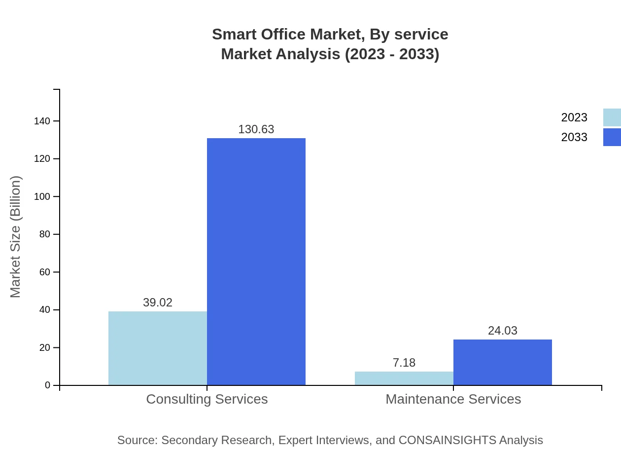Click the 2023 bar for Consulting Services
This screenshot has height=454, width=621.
click(x=158, y=348)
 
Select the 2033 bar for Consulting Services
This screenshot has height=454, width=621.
click(x=256, y=262)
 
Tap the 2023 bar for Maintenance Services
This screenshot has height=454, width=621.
click(x=404, y=378)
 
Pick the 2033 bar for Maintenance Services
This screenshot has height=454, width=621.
click(x=503, y=362)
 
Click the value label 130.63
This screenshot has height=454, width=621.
click(x=256, y=129)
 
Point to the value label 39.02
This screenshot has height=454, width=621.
click(x=158, y=303)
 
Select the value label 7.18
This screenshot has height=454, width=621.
click(x=404, y=363)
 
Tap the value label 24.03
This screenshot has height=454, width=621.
click(x=503, y=331)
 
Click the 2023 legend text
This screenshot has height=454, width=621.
click(x=574, y=117)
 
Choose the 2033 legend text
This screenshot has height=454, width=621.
click(x=574, y=137)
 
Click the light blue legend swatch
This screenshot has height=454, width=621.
click(x=612, y=117)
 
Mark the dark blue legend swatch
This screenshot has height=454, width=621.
click(x=612, y=137)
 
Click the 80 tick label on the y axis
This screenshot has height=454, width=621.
click(x=44, y=234)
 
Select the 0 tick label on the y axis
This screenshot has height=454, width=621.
click(x=47, y=385)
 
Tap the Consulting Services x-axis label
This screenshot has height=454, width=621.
click(x=207, y=399)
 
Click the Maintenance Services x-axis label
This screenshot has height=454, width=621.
click(x=453, y=399)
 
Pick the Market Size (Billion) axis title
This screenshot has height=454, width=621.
click(x=15, y=237)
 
